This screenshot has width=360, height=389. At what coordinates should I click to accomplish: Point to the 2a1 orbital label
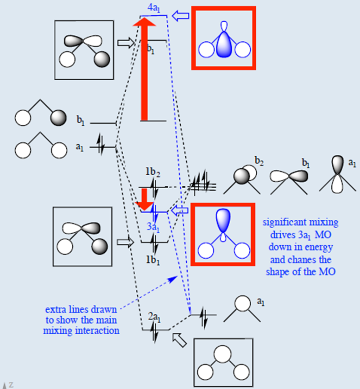[154, 317]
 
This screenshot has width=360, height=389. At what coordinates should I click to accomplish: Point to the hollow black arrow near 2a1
[179, 341]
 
